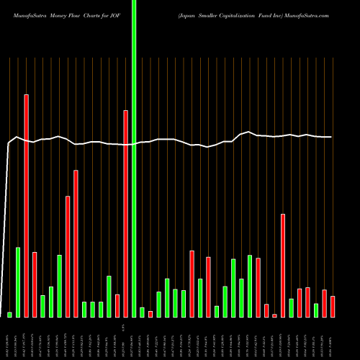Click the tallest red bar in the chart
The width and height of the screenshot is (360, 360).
[x=27, y=205]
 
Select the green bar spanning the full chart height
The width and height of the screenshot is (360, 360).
[x=133, y=158]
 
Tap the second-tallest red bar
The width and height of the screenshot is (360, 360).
[x=125, y=213]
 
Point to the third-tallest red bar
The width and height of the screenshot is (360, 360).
[x=76, y=243]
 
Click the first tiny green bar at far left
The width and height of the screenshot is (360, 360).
[x=10, y=315]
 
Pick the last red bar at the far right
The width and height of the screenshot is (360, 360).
[x=333, y=307]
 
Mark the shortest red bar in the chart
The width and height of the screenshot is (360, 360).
[x=274, y=315]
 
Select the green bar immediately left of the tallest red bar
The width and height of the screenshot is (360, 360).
[x=18, y=282]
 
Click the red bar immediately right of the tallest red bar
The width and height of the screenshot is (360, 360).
[x=35, y=284]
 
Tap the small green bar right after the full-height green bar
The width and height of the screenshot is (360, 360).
[x=142, y=312]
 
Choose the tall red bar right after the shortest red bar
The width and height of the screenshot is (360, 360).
[x=283, y=265]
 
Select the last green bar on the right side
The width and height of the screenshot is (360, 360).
[x=316, y=310]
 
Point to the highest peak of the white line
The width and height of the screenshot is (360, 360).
[x=249, y=132]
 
